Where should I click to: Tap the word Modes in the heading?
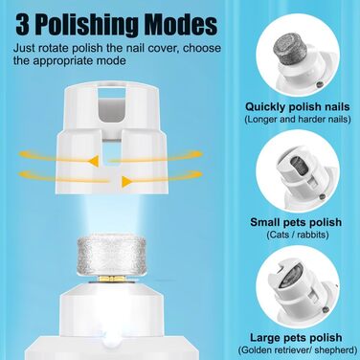[x=181, y=24]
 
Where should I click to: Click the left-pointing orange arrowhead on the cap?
[x=94, y=162]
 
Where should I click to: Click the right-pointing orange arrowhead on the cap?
[x=126, y=182]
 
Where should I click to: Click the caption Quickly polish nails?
[x=298, y=107]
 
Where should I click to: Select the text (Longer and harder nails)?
[x=298, y=120]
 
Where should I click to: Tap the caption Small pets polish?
[x=296, y=222]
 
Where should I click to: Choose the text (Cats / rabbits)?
[x=298, y=236]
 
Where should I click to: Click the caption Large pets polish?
[x=296, y=338]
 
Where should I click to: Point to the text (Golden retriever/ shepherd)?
[x=298, y=350]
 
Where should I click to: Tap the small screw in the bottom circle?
[x=325, y=309]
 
